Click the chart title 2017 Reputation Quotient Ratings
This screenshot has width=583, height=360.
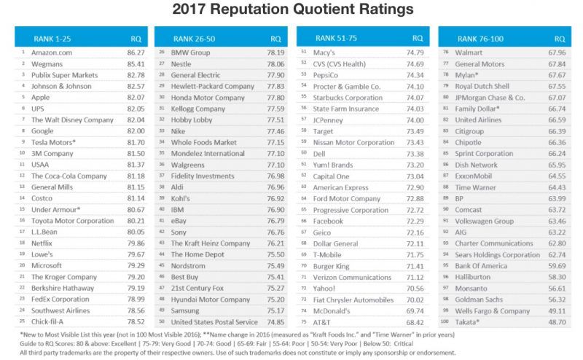(x=291, y=11)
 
